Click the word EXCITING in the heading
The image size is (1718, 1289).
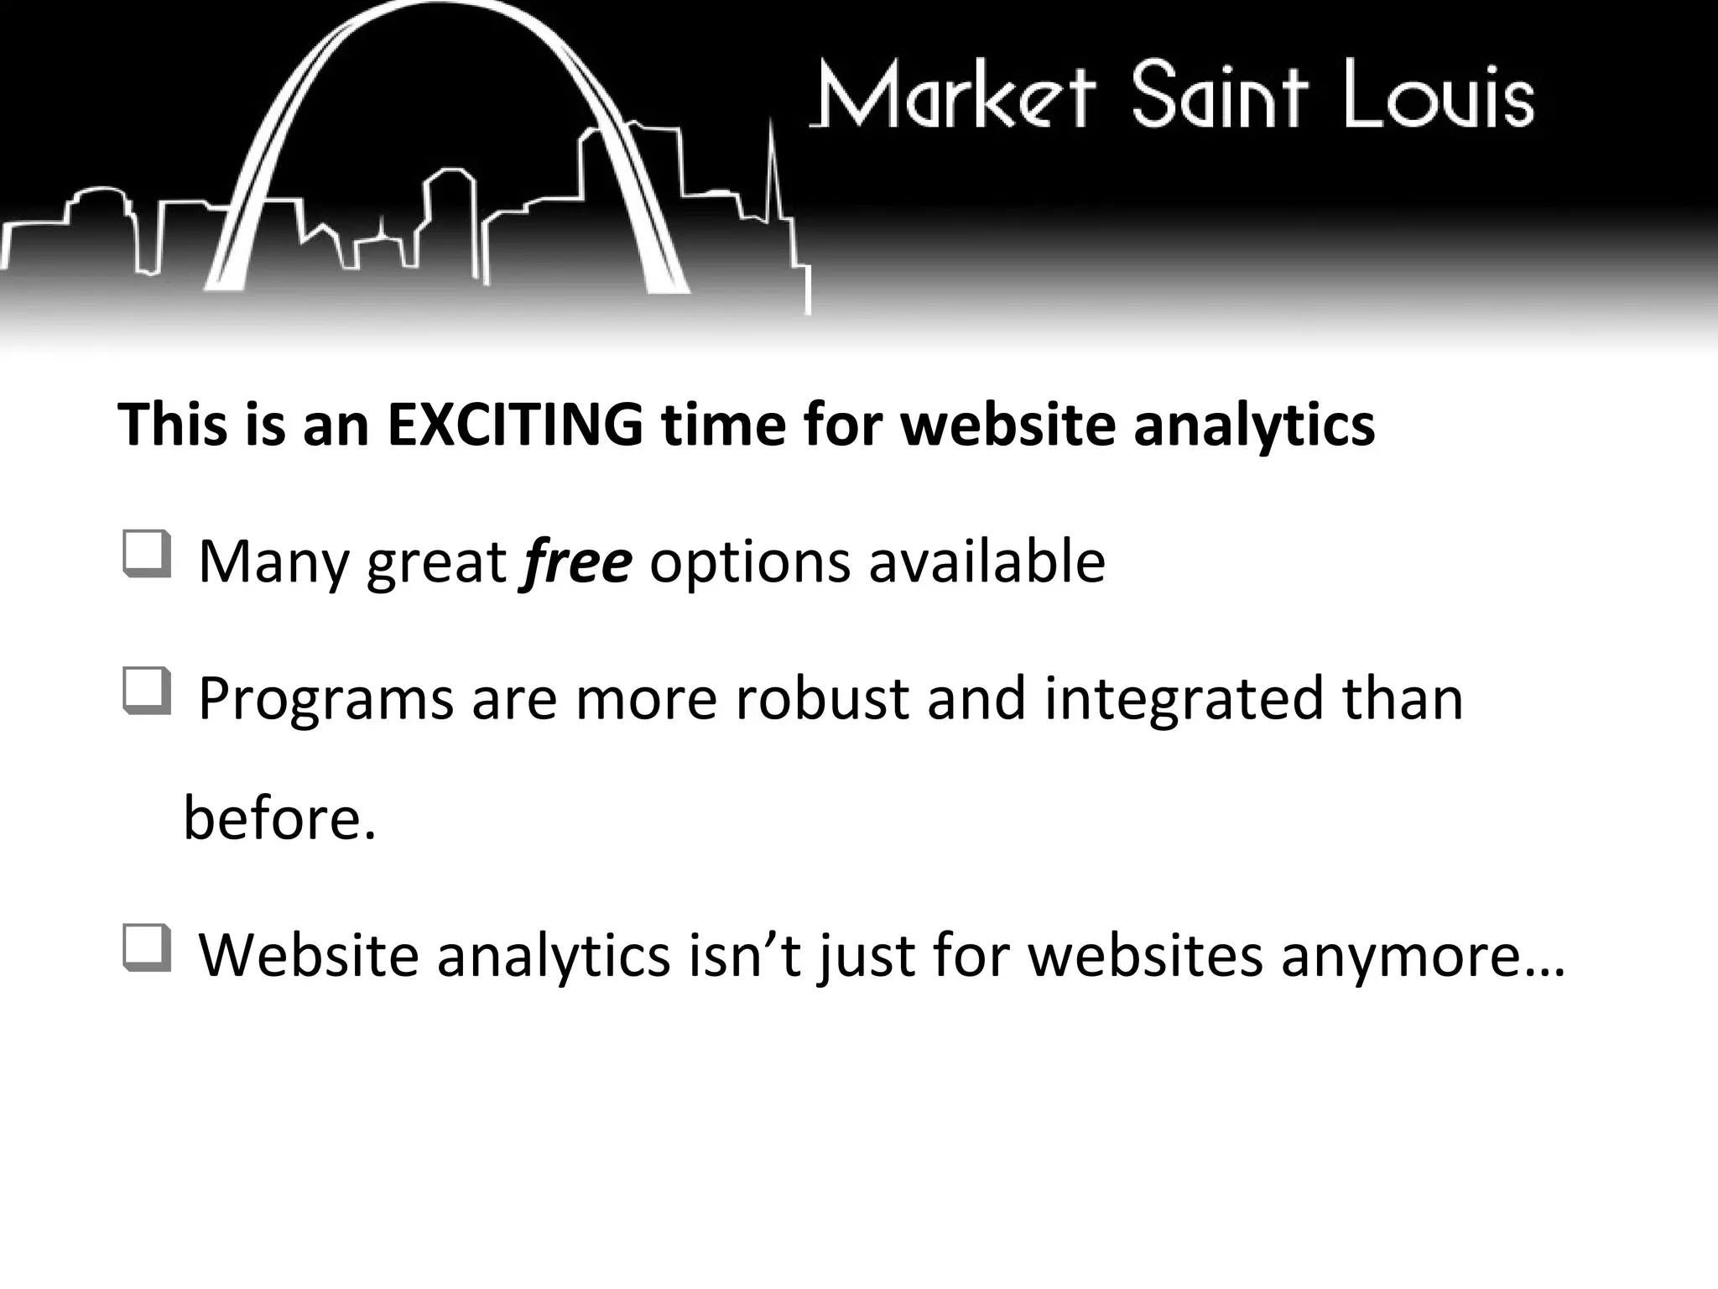point(515,425)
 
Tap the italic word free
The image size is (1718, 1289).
point(576,561)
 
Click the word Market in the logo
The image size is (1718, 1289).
point(953,96)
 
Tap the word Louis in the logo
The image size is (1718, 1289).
point(1438,96)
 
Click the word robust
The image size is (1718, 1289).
point(822,698)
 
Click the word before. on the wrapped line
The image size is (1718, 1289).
point(279,818)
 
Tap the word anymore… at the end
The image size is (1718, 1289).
point(1423,956)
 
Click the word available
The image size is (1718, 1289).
point(987,561)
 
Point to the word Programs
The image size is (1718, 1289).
point(325,698)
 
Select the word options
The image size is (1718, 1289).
point(749,561)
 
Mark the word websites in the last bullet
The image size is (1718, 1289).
point(1145,956)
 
